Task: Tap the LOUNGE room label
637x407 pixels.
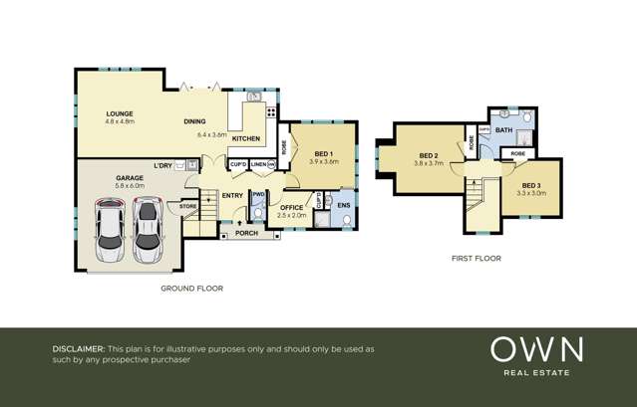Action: [120, 115]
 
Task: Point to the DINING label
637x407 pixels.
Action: [194, 122]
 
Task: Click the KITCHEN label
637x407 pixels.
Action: [246, 138]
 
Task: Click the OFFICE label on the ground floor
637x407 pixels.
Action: [292, 207]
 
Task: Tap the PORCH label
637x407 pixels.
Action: [245, 235]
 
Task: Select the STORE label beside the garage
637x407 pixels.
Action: [187, 206]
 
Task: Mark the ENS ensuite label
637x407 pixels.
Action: [344, 206]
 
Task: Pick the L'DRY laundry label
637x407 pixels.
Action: [162, 165]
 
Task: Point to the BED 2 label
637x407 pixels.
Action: [429, 156]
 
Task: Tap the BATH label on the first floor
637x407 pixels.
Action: [504, 130]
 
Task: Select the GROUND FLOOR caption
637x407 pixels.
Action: [191, 289]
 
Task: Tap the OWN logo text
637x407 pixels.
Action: [536, 349]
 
